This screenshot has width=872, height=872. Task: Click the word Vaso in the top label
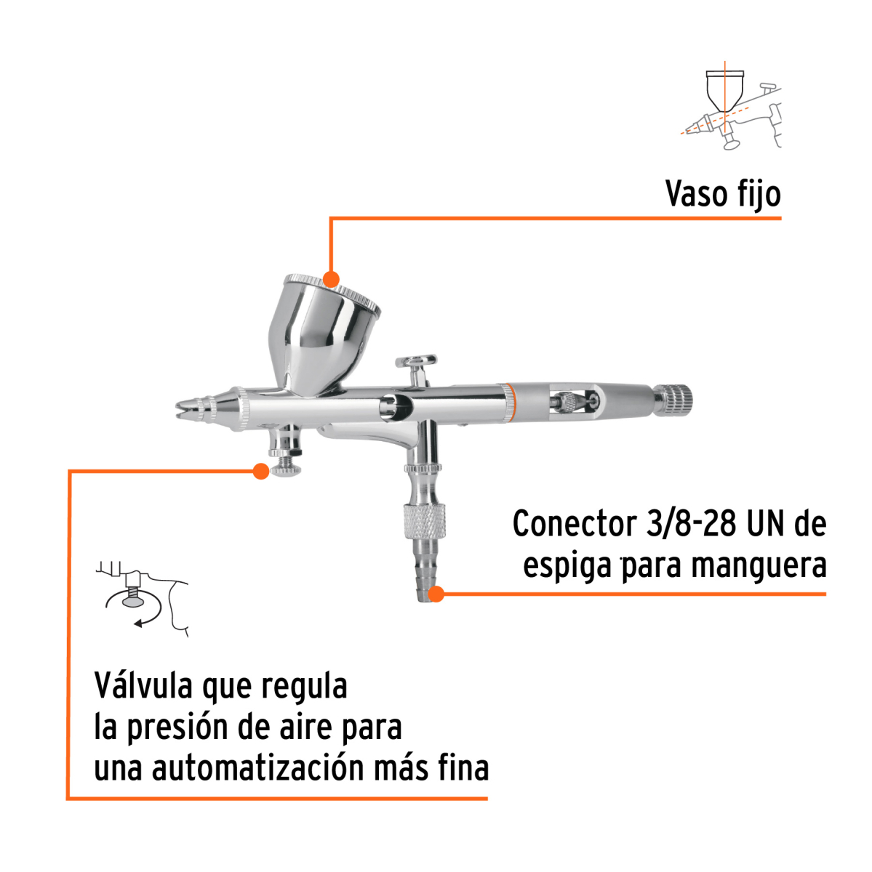point(694,194)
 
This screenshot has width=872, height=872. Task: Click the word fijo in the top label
point(758,194)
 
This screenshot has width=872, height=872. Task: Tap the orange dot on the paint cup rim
point(331,280)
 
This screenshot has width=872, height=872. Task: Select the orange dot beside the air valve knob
point(260,471)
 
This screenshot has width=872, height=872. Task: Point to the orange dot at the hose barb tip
point(436,594)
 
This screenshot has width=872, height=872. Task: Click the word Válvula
point(143,685)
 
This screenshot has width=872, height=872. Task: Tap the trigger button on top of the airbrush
point(416,361)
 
